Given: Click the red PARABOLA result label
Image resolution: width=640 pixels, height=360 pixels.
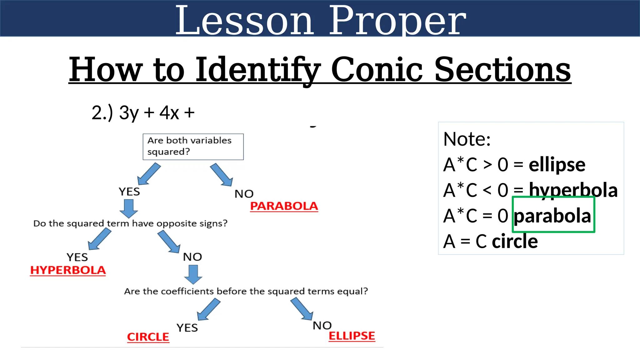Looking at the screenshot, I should tap(284, 206).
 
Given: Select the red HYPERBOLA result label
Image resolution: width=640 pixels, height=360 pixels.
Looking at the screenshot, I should tap(68, 270).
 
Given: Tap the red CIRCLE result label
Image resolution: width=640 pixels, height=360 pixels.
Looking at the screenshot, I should tap(148, 337).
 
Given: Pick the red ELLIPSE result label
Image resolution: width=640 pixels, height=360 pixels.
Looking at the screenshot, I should tap(352, 336).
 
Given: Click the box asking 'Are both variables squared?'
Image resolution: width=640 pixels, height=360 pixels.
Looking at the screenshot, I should tap(193, 147).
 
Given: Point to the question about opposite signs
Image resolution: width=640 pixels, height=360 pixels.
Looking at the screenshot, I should tap(130, 223).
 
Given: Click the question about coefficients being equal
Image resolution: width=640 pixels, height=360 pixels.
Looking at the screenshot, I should tap(246, 291).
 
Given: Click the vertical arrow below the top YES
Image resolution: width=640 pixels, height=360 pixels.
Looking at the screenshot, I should tap(129, 208).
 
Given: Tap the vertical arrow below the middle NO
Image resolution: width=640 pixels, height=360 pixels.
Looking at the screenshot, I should tap(193, 274).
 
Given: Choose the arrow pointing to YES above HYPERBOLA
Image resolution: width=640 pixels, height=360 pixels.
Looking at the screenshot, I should tap(99, 239).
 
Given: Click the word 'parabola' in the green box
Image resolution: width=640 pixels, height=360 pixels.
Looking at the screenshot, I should tap(552, 216).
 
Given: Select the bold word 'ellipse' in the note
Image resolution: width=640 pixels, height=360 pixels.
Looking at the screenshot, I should tap(557, 164).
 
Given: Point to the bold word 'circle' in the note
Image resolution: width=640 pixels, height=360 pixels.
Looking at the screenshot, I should tap(515, 241).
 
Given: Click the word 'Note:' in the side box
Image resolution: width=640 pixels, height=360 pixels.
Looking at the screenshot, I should tap(467, 139).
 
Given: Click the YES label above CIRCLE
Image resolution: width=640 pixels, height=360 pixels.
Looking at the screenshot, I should tap(187, 327).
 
